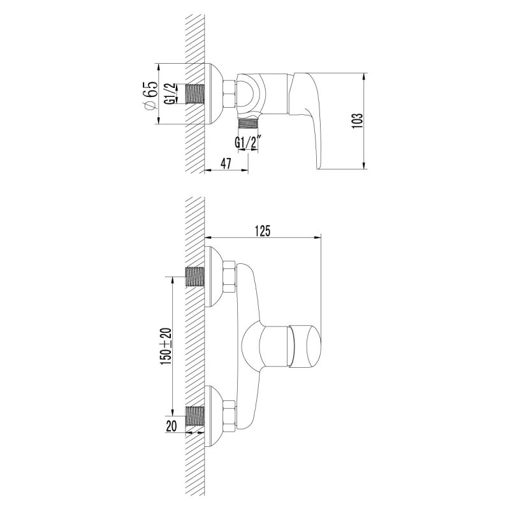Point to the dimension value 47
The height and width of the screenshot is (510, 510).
pyautogui.click(x=225, y=163)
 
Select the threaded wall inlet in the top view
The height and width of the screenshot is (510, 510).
pyautogui.click(x=194, y=94)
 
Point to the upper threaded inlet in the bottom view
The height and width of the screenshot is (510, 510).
pyautogui.click(x=194, y=277)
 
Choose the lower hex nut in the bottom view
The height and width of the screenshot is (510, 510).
pyautogui.click(x=229, y=412)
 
